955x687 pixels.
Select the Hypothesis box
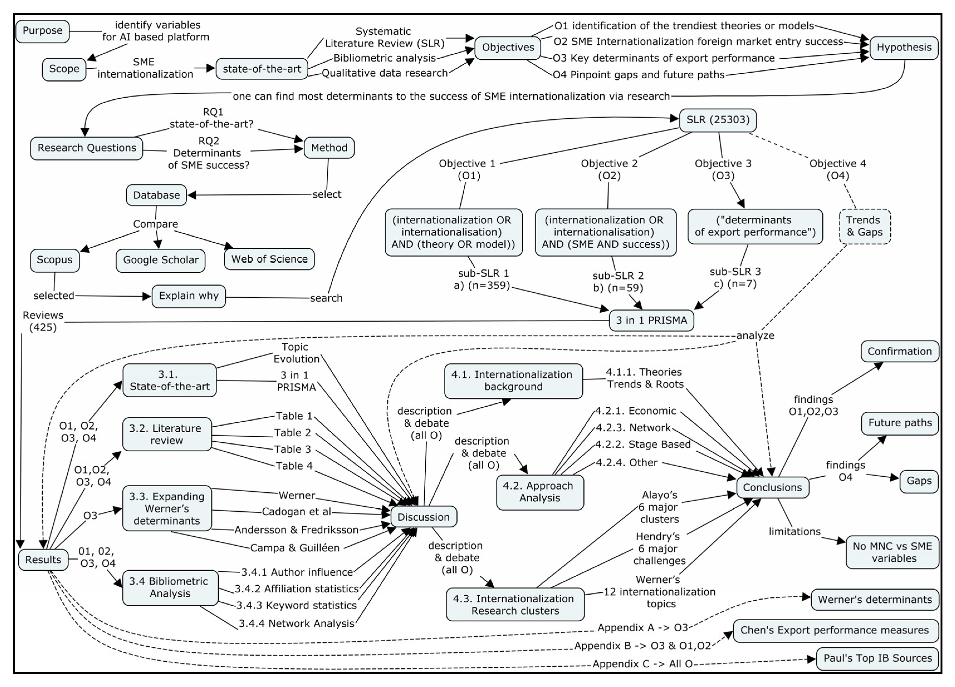coord(904,48)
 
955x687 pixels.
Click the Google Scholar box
coord(160,260)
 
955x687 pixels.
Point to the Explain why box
coord(189,296)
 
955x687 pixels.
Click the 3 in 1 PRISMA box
coord(651,320)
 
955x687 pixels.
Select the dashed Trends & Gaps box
coord(864,227)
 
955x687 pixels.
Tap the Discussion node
coord(424,517)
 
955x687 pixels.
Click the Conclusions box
coord(772,487)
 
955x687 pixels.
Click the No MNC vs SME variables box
coord(892,552)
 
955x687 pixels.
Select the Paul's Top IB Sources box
coord(878,658)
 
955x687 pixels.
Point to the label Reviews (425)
coord(43,321)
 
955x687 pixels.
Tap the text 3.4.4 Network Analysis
coord(296,624)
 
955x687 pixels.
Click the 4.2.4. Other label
coord(627,463)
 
